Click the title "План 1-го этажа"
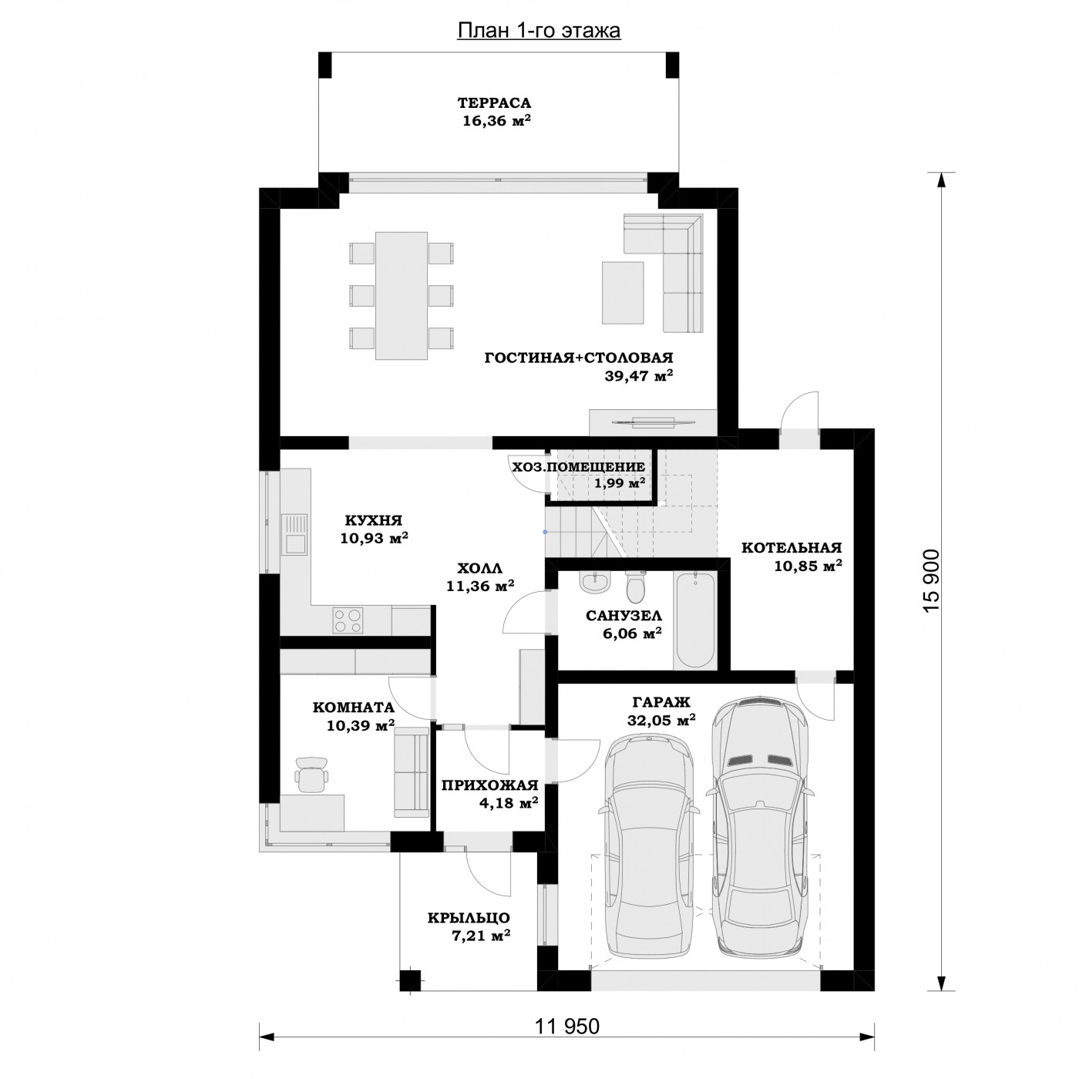click(539, 31)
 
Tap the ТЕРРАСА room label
click(495, 103)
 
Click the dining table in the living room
click(402, 296)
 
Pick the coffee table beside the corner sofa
click(623, 292)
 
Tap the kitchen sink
click(294, 533)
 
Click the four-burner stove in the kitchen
click(348, 620)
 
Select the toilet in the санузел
click(636, 586)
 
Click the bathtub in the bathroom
click(695, 620)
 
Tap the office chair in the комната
click(311, 775)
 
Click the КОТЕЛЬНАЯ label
click(792, 547)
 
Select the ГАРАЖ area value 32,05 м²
click(661, 720)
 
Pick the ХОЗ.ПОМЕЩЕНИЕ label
click(579, 466)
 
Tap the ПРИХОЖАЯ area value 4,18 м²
click(509, 802)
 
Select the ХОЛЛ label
click(480, 568)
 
